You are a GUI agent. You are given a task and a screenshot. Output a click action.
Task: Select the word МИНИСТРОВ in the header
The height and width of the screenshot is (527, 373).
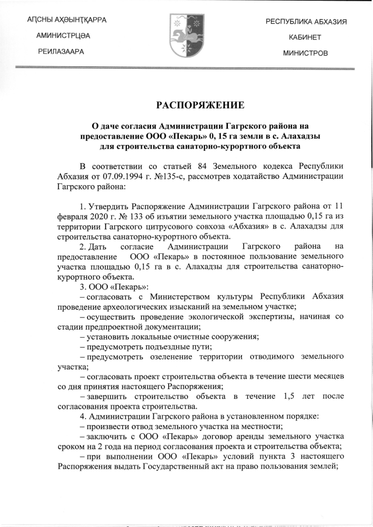click(x=305, y=53)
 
